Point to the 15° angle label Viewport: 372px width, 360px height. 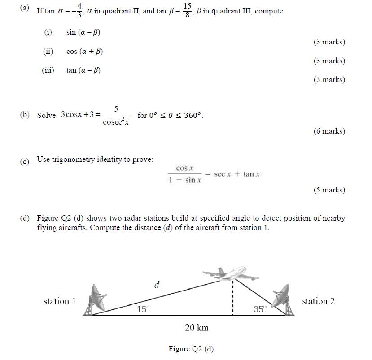(x=143, y=309)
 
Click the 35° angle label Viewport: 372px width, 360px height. (x=260, y=309)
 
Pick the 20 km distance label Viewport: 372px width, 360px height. (x=197, y=328)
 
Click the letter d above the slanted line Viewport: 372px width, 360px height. (x=157, y=284)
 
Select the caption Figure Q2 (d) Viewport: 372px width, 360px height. (x=191, y=349)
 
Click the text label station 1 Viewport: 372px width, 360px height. (x=62, y=301)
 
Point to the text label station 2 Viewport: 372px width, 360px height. (x=318, y=301)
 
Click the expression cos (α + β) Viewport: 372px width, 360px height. (x=85, y=52)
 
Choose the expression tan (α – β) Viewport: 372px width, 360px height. (x=83, y=70)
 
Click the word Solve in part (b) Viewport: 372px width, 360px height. (x=47, y=115)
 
